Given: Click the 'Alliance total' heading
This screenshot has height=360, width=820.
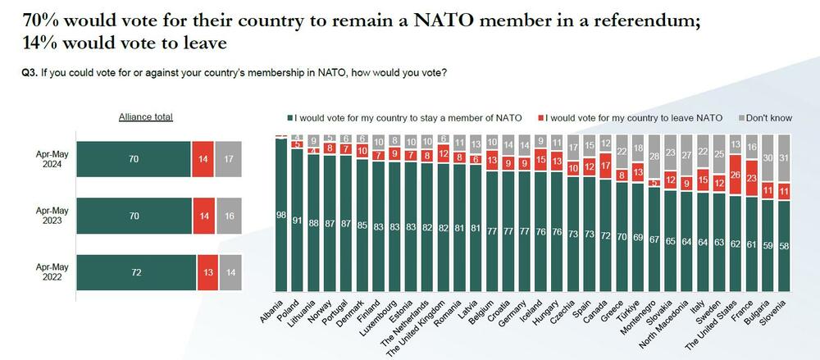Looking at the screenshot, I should [146, 117].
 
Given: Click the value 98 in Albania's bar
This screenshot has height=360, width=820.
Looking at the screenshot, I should [280, 214].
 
